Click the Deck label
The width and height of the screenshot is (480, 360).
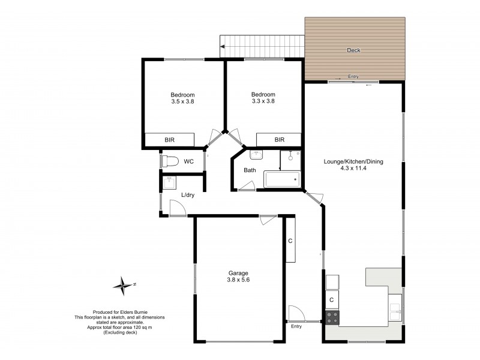pos(353,50)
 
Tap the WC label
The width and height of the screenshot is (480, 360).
pos(188,161)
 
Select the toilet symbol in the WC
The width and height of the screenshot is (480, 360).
pos(169,161)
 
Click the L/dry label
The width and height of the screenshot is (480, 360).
pos(188,195)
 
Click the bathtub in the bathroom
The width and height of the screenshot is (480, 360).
pos(281,179)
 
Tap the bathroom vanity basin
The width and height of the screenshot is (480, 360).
pos(257,154)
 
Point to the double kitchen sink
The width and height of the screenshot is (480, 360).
pos(395,310)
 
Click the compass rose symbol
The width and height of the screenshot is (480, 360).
pos(124,285)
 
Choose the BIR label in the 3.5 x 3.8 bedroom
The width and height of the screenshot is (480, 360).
pos(170,140)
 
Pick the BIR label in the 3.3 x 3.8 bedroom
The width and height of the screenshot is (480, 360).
pos(279,140)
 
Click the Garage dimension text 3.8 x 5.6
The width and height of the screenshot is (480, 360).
pos(238,280)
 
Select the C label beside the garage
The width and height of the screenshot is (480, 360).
pos(290,241)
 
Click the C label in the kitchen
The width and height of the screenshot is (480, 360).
pos(331,299)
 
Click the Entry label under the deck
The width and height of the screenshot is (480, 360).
pos(353,76)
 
